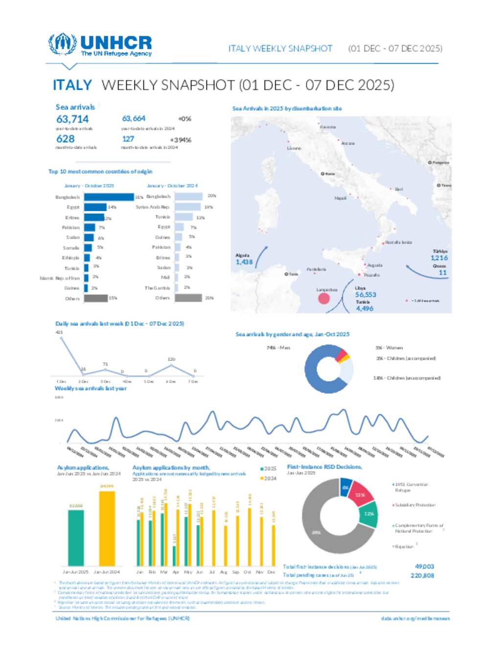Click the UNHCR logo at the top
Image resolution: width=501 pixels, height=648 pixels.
(x=100, y=45)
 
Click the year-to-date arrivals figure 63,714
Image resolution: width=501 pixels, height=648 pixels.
(x=72, y=119)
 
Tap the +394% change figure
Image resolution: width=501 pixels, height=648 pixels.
(x=181, y=140)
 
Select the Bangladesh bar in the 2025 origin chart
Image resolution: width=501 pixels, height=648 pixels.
(x=109, y=197)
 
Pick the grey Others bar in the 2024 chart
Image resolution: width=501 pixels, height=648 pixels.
(x=188, y=298)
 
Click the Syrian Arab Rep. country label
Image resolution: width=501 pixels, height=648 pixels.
(x=153, y=207)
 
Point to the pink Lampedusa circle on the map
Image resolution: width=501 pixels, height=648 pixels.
(x=324, y=298)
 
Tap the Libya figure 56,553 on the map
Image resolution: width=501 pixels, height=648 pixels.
(x=365, y=295)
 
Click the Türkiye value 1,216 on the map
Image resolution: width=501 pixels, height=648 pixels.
(x=439, y=258)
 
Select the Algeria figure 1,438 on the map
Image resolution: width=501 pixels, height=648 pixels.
(x=244, y=262)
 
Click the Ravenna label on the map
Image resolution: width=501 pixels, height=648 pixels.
(x=328, y=127)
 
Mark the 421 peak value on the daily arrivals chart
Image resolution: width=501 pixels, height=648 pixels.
(x=59, y=333)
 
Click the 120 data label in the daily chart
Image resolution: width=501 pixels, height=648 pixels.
(x=171, y=359)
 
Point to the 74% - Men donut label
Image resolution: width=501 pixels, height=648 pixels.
(x=278, y=348)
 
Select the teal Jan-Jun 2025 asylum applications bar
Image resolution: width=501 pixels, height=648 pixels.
(x=76, y=538)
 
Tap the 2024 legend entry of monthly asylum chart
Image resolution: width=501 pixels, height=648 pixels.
(x=269, y=478)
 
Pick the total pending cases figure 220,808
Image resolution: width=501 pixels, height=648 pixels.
(x=422, y=576)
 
